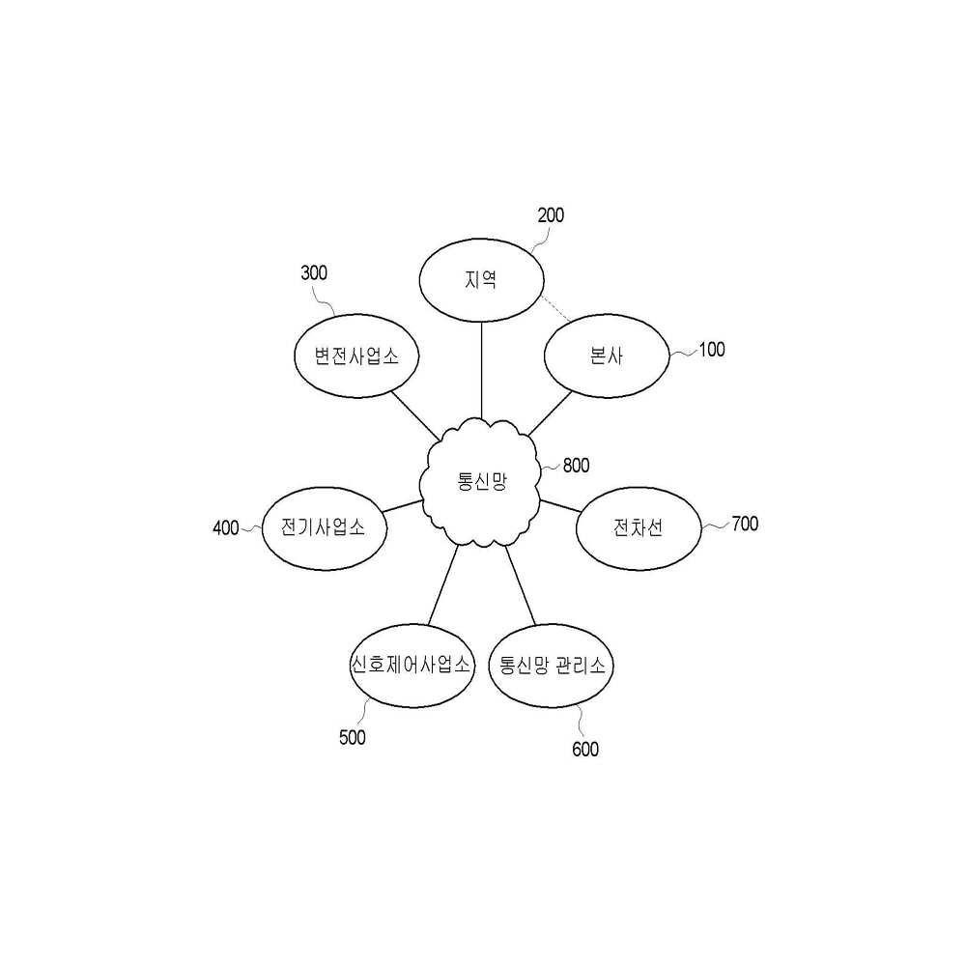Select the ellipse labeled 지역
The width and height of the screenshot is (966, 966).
(x=482, y=280)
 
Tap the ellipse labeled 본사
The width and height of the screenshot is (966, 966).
(x=607, y=355)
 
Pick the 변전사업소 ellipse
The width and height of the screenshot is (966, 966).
(x=356, y=355)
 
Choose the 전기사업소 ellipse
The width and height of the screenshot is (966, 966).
(x=324, y=528)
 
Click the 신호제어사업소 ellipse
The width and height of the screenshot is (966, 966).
(x=412, y=666)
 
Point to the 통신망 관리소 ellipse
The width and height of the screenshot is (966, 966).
(x=551, y=666)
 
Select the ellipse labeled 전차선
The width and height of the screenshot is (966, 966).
(x=639, y=528)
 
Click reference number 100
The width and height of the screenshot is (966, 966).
(x=712, y=350)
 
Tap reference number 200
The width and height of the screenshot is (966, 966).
(x=551, y=215)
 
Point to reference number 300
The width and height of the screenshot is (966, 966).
(x=314, y=273)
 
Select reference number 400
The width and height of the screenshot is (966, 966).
(x=225, y=528)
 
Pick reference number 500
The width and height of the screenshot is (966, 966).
(x=353, y=737)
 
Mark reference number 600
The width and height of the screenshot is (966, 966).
(x=585, y=749)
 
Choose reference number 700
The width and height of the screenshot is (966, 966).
(x=745, y=524)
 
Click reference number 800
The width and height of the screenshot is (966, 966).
(x=576, y=466)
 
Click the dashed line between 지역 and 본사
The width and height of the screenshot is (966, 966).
(x=555, y=308)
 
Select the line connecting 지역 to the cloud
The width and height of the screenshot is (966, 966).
(x=482, y=371)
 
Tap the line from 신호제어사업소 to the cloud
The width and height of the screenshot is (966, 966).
(x=443, y=584)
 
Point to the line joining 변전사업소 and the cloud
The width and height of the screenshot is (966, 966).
(x=415, y=415)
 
